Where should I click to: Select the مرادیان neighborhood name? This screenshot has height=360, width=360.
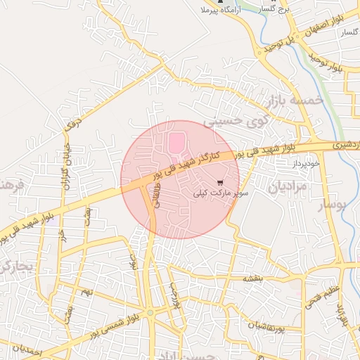[x=287, y=187]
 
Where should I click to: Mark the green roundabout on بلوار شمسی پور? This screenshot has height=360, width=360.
[x=150, y=312]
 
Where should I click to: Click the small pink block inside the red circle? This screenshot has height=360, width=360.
[x=174, y=144]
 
